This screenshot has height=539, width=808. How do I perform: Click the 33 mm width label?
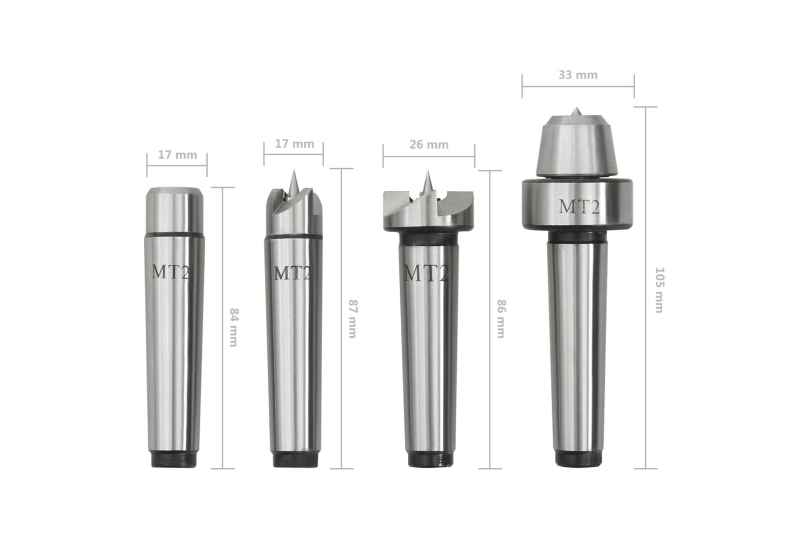pos(578,75)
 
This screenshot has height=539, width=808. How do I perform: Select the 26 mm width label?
pos(429,145)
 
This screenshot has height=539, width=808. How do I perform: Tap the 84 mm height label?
pos(234,328)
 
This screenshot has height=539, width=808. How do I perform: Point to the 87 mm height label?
pos(352,319)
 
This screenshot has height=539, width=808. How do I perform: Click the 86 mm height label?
pos(501,319)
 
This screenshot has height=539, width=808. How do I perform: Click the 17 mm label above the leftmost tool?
pos(177,155)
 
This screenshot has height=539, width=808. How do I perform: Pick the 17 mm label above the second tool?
pos(294,144)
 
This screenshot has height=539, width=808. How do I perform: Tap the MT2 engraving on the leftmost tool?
pos(170,272)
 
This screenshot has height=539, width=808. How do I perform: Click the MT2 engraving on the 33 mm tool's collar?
pos(579,207)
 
